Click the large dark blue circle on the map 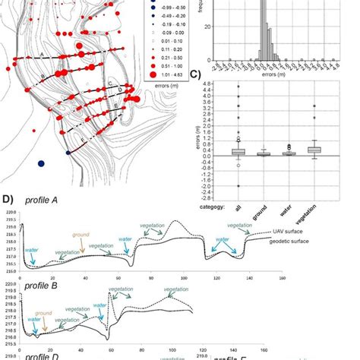41,163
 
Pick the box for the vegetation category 314,150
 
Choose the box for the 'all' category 238,152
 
